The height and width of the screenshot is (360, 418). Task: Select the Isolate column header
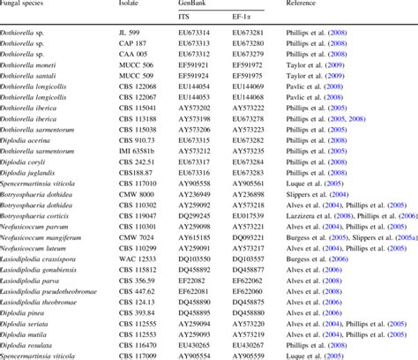pyautogui.click(x=127, y=5)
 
